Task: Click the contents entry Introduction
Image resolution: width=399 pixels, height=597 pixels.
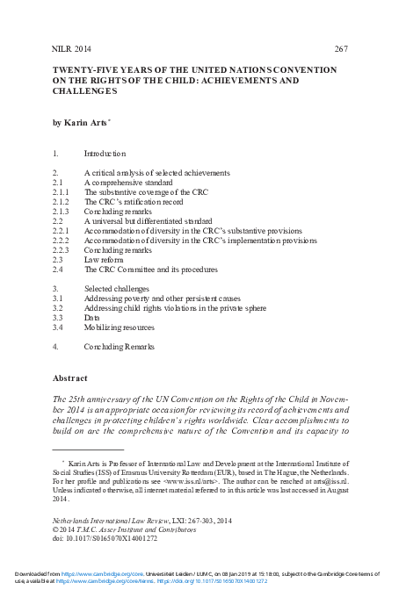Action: coord(105,154)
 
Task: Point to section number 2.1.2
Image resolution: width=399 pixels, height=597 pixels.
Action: coord(62,201)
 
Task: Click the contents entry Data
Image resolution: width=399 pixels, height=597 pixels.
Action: coord(93,318)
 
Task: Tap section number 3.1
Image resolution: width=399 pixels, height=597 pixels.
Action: coord(58,298)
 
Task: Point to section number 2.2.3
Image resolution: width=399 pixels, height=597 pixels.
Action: coord(62,250)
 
